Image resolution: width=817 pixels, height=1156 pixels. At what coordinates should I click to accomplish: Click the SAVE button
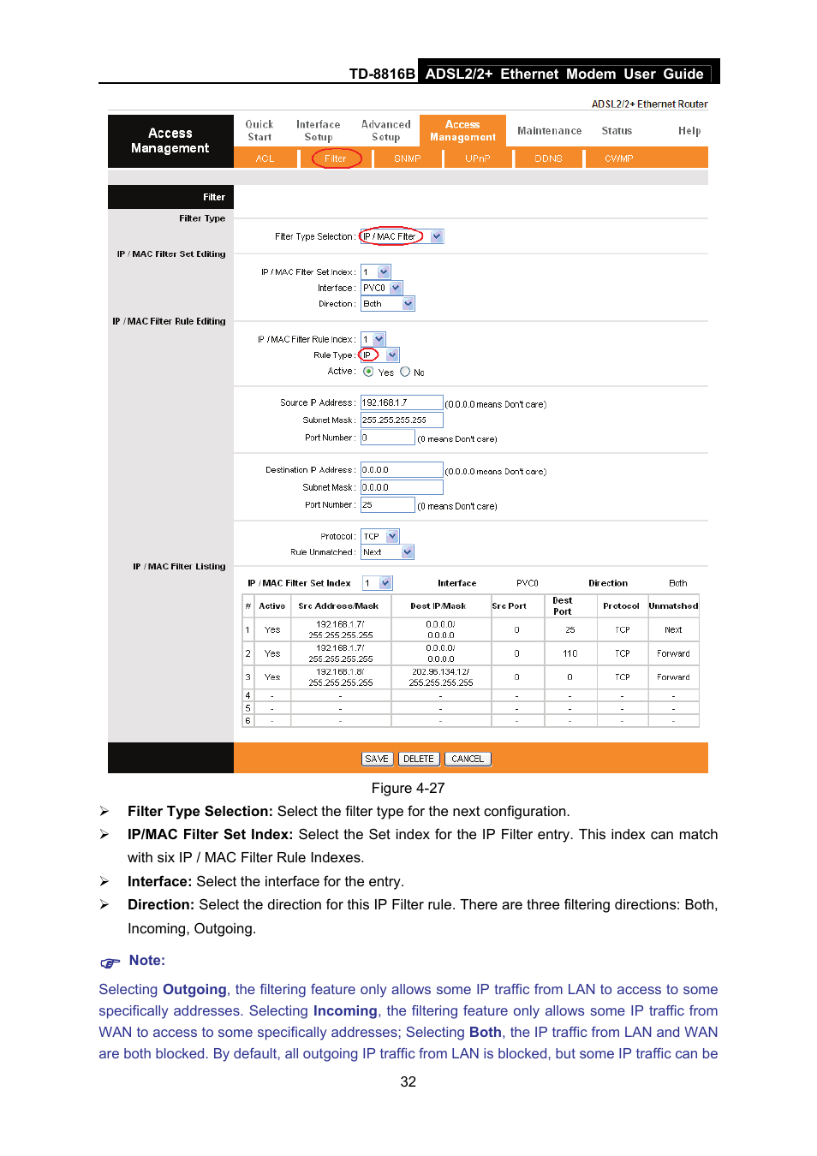[x=377, y=759]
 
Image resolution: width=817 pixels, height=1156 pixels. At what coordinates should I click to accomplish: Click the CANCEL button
[x=468, y=759]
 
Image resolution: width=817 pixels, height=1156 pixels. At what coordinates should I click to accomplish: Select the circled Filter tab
[x=336, y=158]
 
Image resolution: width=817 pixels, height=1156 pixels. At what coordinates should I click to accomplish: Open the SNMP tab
[x=408, y=158]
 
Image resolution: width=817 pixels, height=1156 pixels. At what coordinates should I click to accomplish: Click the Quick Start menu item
[x=259, y=131]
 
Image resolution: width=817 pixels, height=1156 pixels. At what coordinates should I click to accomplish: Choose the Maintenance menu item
[x=549, y=131]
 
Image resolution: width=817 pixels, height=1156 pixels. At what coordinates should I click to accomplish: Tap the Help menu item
[x=689, y=131]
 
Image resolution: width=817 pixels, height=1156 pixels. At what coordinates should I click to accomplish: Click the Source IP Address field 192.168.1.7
[x=401, y=402]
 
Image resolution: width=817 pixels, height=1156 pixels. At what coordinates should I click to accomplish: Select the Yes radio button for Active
[x=368, y=372]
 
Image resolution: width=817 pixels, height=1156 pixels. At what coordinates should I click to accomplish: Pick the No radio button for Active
[x=405, y=372]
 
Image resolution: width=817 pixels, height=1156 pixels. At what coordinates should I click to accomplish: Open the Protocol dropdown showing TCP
[x=380, y=536]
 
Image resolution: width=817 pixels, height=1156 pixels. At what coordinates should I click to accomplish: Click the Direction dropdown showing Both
[x=388, y=304]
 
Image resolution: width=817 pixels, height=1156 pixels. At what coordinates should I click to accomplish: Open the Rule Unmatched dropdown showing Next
[x=387, y=552]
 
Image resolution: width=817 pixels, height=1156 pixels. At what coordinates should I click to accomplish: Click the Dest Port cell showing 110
[x=570, y=653]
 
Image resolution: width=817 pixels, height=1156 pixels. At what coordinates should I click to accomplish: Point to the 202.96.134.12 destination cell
[x=440, y=677]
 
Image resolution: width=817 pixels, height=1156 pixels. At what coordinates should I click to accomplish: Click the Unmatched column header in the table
[x=673, y=606]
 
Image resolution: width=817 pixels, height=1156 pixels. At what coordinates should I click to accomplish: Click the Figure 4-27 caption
[x=408, y=788]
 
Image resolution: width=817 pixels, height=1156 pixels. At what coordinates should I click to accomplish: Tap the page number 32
[x=408, y=1082]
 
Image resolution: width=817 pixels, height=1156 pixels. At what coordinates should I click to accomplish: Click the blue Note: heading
[x=146, y=961]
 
